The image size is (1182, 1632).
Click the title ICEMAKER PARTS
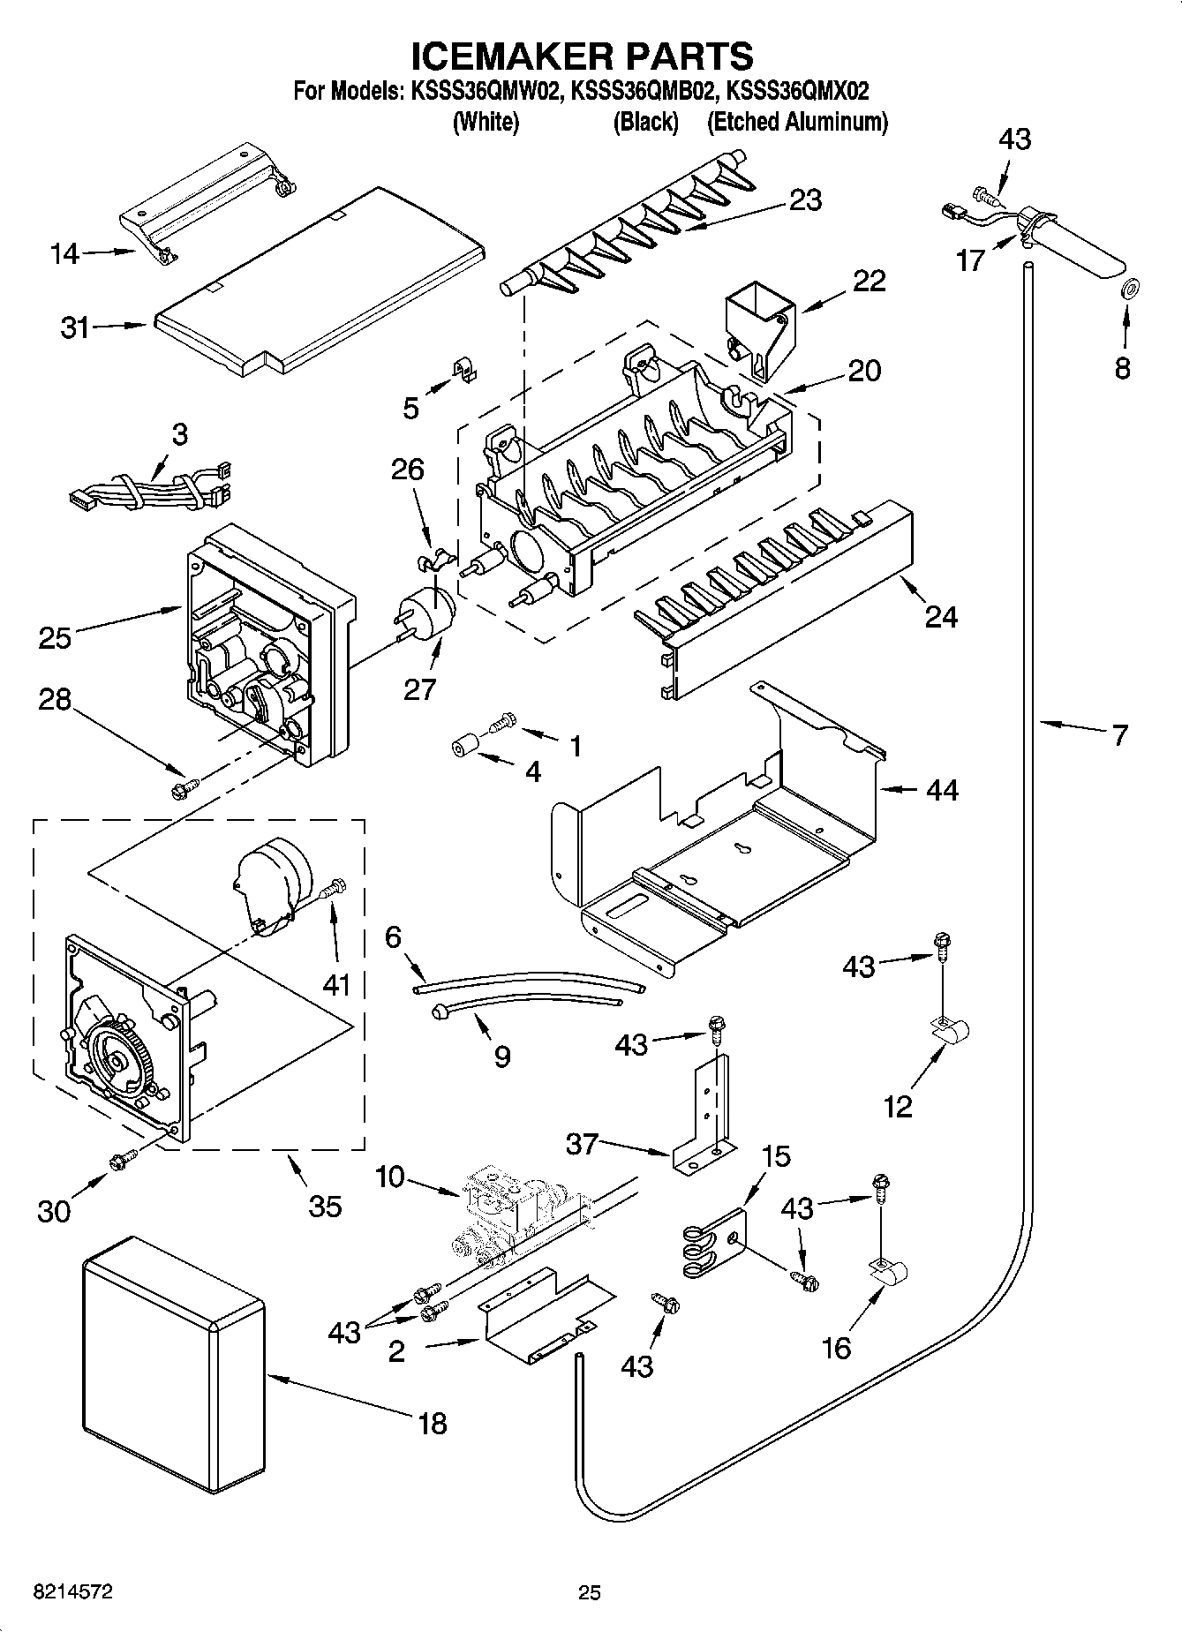tap(583, 56)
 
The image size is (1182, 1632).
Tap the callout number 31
tap(74, 327)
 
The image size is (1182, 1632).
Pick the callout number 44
tap(941, 789)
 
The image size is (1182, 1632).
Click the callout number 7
tap(1119, 734)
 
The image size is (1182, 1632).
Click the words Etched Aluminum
tap(797, 122)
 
